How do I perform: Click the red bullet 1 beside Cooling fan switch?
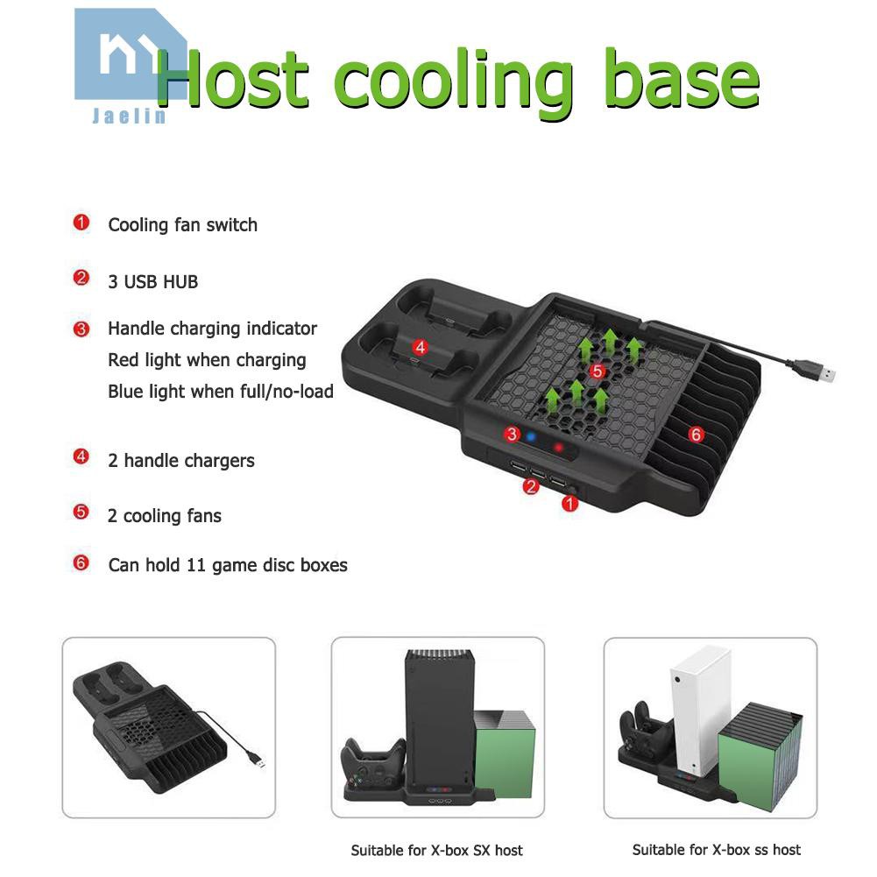point(81,223)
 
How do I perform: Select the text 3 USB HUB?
point(152,281)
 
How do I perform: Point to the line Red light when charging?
point(207,360)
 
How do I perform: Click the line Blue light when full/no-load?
point(221,391)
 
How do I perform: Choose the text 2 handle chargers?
point(180,460)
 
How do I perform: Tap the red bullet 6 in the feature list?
point(81,563)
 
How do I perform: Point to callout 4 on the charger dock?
point(421,347)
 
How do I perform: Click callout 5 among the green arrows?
point(598,371)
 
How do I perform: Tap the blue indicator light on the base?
point(530,435)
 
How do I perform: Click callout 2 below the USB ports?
point(530,487)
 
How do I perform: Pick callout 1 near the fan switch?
point(570,503)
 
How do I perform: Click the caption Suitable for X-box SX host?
point(436,850)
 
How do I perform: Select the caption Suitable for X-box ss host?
point(717,849)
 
